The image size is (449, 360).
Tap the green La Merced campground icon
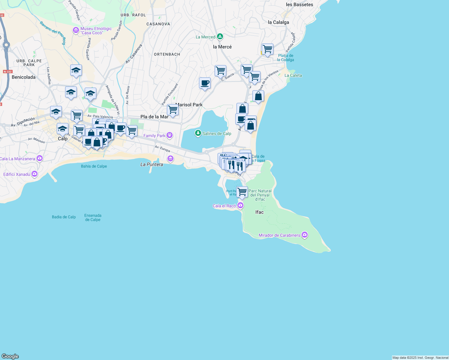[x=220, y=37]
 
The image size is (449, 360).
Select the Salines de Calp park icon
[x=198, y=133]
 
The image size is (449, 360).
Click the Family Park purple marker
[x=170, y=135]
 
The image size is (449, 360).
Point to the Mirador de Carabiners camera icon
[x=305, y=235]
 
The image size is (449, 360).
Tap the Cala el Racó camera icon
[x=240, y=205]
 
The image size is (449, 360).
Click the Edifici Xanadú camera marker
[x=35, y=174]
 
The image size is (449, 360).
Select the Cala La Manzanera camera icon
[x=40, y=158]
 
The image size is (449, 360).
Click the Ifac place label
[x=259, y=212]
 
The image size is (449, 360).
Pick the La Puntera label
[x=152, y=164]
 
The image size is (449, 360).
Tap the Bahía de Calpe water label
[x=94, y=166]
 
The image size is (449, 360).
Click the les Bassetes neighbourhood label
[x=300, y=4]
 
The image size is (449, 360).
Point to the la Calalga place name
[x=279, y=22]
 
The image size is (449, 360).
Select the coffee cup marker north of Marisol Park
[x=205, y=83]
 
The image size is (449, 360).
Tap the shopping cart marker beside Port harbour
[x=242, y=192]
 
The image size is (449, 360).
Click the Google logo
[x=10, y=356]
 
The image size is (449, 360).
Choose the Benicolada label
[x=24, y=77]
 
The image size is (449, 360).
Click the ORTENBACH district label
[x=167, y=54]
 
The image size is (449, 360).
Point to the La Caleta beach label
[x=293, y=75]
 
